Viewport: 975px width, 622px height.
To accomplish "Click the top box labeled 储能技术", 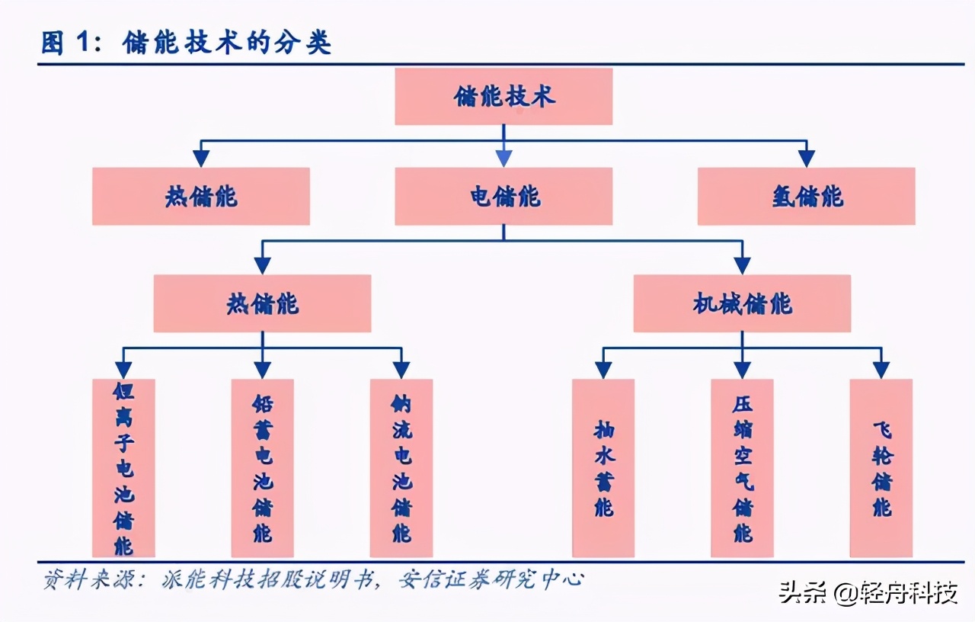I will pyautogui.click(x=503, y=97).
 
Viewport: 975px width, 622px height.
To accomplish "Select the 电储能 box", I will pyautogui.click(x=503, y=197).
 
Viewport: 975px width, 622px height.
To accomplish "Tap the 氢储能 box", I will pyautogui.click(x=806, y=197).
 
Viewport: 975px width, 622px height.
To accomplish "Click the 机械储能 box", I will pyautogui.click(x=742, y=303).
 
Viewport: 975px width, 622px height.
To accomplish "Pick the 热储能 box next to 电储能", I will pyautogui.click(x=201, y=197).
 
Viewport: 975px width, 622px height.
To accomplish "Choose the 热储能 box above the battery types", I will pyautogui.click(x=262, y=303).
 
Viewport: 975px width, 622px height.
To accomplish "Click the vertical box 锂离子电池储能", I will pyautogui.click(x=123, y=468).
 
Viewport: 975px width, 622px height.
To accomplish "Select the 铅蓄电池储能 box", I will pyautogui.click(x=262, y=468).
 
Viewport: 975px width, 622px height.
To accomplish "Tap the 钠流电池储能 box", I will pyautogui.click(x=401, y=468).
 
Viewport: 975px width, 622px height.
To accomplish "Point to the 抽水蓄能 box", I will pyautogui.click(x=603, y=468).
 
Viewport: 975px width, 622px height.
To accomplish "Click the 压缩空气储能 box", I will pyautogui.click(x=742, y=468).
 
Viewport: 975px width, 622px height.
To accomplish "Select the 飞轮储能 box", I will pyautogui.click(x=881, y=468).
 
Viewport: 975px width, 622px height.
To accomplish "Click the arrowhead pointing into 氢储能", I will pyautogui.click(x=806, y=159).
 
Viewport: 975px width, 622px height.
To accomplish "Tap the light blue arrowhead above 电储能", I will pyautogui.click(x=503, y=159).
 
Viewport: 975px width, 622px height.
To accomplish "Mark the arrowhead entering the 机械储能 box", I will pyautogui.click(x=742, y=265).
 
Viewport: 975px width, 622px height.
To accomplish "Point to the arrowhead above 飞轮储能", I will pyautogui.click(x=881, y=370).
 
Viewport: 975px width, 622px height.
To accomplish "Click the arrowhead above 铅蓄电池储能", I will pyautogui.click(x=262, y=370).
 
